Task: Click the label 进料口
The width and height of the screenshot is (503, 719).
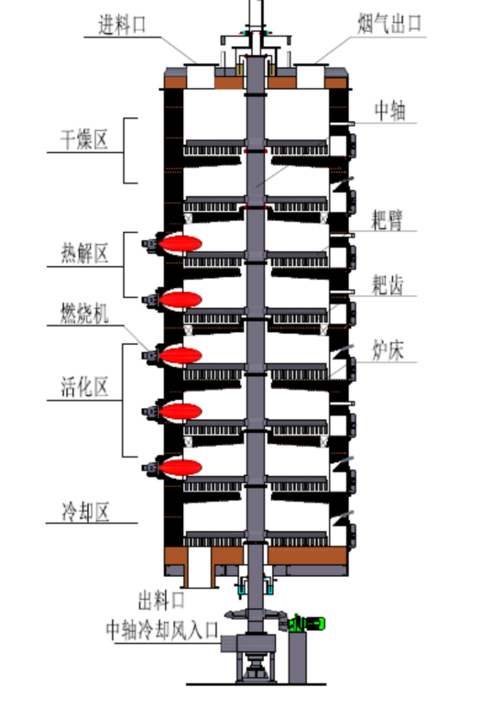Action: [123, 25]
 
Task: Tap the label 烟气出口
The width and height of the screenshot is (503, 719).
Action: [389, 24]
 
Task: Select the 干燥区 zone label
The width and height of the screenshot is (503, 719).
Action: [84, 139]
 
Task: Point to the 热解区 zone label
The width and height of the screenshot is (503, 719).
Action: [84, 253]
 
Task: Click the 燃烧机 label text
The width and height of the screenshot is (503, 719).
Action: [84, 314]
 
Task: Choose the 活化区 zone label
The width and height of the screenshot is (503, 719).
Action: [84, 387]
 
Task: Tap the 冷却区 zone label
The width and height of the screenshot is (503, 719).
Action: [86, 512]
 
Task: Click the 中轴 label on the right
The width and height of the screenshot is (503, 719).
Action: [390, 110]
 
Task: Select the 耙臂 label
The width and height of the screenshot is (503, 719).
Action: [388, 220]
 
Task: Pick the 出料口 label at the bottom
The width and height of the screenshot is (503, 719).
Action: [161, 600]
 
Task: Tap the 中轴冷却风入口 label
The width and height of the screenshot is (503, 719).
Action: [163, 630]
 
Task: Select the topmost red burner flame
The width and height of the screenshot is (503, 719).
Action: [180, 243]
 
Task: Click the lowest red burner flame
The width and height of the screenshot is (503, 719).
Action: [180, 468]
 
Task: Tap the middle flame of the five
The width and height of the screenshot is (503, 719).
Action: [180, 356]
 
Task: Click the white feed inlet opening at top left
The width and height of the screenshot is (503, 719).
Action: [201, 77]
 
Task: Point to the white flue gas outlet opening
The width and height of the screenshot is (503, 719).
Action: [310, 77]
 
